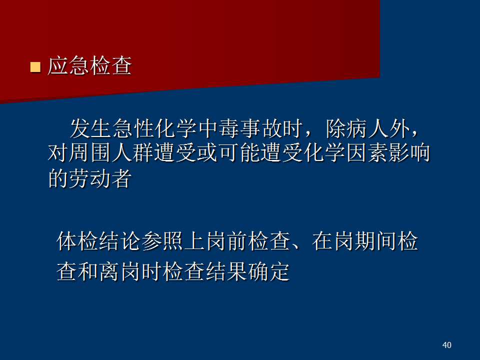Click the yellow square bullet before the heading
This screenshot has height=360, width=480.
click(x=35, y=66)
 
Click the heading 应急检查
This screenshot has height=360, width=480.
click(x=89, y=65)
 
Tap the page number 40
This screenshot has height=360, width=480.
click(x=446, y=345)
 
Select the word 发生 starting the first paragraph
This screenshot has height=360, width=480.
click(x=90, y=128)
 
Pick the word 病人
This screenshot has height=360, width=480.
click(x=367, y=128)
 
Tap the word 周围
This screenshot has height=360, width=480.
click(x=90, y=153)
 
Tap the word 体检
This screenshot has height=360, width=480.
click(x=78, y=241)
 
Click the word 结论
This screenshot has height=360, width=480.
click(x=120, y=241)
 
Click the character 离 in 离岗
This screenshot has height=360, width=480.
click(x=109, y=271)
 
